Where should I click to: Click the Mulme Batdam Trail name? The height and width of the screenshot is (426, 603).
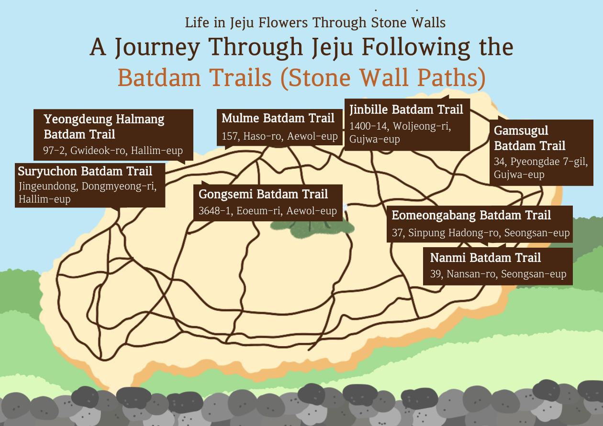tap(278, 119)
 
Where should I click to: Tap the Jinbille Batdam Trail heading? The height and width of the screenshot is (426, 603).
tap(406, 110)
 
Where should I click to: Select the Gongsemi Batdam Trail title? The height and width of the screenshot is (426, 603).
tap(263, 194)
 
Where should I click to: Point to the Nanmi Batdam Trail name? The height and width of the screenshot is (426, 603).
tap(485, 258)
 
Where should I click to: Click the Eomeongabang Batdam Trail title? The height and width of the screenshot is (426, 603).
tap(471, 216)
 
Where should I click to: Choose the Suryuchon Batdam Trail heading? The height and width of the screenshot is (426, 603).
tap(85, 171)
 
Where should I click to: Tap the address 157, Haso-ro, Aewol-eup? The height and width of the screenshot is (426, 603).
tap(279, 136)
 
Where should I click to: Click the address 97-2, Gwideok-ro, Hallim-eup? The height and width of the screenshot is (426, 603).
tap(113, 151)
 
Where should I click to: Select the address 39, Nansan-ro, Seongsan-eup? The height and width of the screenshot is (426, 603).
tap(498, 274)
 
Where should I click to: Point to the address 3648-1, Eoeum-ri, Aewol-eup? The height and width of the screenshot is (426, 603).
tap(268, 211)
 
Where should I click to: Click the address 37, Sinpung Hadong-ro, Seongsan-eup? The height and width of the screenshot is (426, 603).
tap(481, 233)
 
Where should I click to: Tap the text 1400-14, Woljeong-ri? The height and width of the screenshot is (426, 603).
tap(400, 126)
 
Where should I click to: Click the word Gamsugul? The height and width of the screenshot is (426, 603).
tap(521, 131)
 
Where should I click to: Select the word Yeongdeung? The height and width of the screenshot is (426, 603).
tap(78, 120)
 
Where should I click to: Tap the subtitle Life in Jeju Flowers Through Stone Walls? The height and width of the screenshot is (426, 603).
tap(315, 22)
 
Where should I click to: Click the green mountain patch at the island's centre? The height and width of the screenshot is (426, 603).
tap(312, 228)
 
